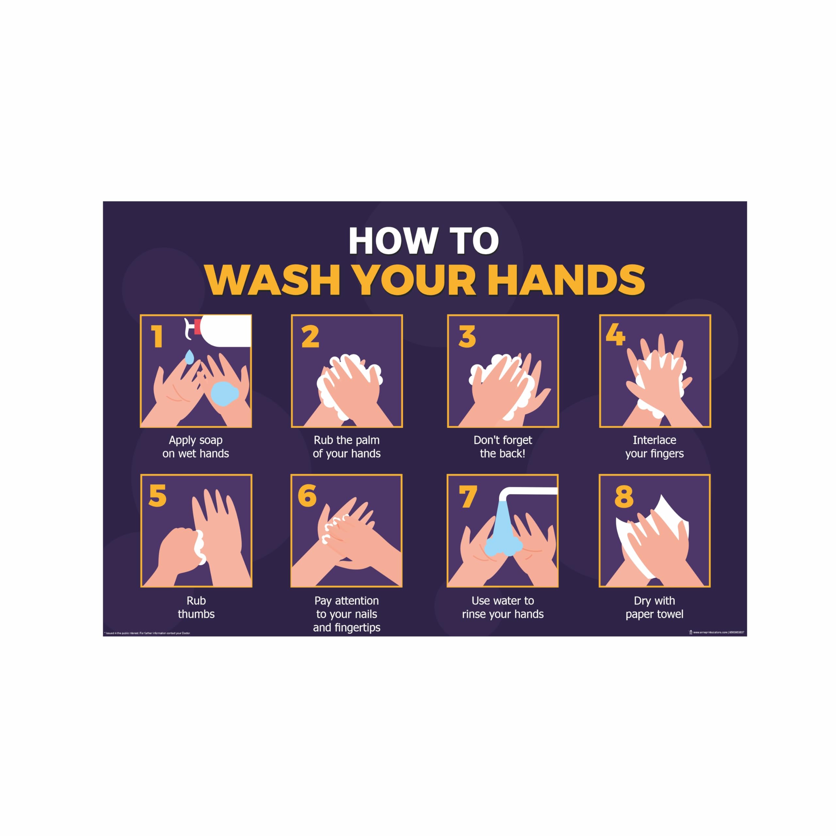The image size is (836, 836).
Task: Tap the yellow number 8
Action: [x=623, y=496]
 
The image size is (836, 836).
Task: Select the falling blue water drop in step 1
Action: [x=189, y=357]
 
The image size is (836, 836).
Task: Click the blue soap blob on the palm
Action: [x=224, y=393]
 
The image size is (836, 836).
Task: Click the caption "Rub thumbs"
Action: [x=196, y=607]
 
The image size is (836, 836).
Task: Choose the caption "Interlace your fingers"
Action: [x=654, y=446]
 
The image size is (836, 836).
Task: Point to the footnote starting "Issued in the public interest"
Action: [x=147, y=633]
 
